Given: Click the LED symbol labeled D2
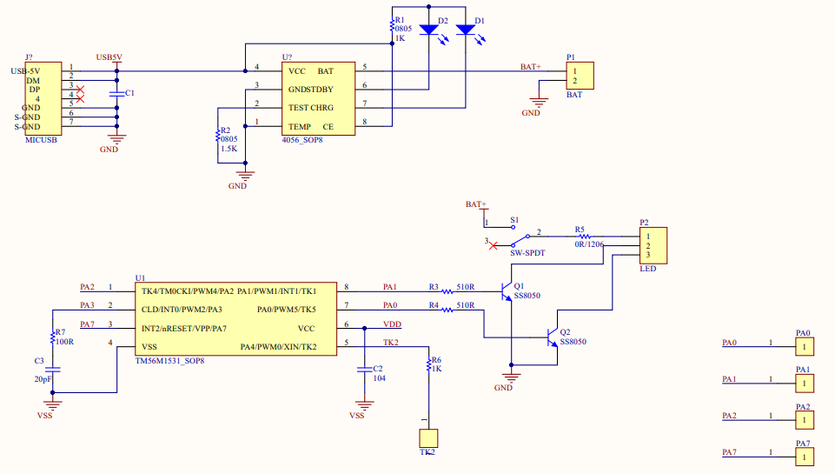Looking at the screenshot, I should coord(428,30).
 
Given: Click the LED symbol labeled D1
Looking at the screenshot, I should coord(466,30).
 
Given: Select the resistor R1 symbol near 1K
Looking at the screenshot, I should coord(392,29).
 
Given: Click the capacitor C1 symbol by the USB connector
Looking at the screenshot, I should coord(116,92).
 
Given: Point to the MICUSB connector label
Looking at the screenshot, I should coord(41,139).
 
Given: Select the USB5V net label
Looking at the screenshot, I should coord(109,57).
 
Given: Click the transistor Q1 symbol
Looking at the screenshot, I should coord(507,294).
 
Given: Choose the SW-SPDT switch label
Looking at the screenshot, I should coord(527,253).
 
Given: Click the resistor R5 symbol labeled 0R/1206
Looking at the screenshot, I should coord(584,237).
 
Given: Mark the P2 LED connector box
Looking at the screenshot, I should coord(653,245).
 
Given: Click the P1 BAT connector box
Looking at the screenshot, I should coord(579,76).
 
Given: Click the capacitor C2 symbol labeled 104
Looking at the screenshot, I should coord(364,369).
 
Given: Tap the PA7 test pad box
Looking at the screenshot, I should coord(805,457).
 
